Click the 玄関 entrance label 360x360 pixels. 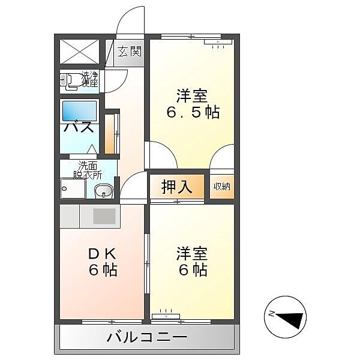(128, 52)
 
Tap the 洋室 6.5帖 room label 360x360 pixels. (192, 103)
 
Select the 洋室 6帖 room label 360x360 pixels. (192, 262)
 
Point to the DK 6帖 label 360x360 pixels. (103, 262)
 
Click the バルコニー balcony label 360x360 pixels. (147, 337)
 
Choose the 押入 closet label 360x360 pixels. (177, 187)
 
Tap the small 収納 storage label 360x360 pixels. (221, 187)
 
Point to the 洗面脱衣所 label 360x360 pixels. (88, 170)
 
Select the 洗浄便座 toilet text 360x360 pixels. (90, 79)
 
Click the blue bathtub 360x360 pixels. (80, 111)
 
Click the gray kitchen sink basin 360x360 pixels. (103, 216)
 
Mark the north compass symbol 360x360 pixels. (285, 316)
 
